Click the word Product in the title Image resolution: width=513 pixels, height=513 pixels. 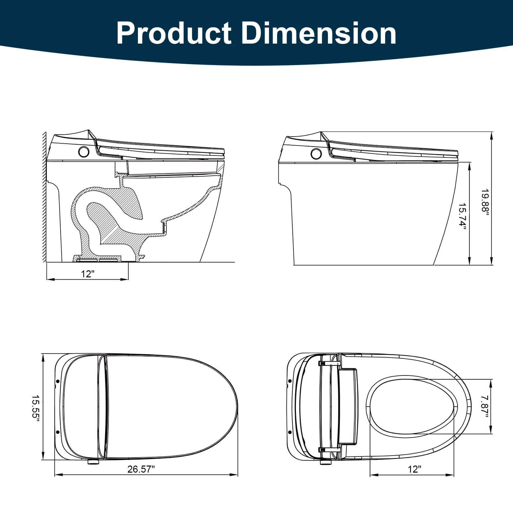click(174, 33)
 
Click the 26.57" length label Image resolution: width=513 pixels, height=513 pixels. click(141, 469)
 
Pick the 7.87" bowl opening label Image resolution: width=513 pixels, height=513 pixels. click(484, 406)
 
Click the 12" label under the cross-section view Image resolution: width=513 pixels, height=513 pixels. click(88, 274)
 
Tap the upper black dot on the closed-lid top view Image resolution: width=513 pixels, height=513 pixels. click(58, 381)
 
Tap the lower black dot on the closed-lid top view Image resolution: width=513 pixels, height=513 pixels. click(58, 432)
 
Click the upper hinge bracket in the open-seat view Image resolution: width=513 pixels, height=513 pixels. click(329, 363)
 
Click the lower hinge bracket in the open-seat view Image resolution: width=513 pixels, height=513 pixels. click(329, 450)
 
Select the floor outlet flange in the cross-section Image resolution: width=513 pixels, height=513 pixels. click(98, 258)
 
